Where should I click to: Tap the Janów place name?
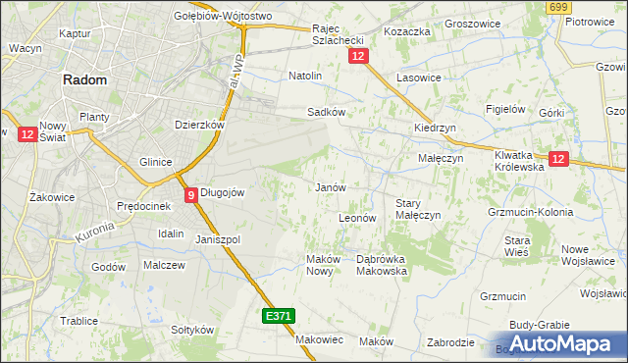pyautogui.click(x=329, y=186)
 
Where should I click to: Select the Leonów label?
pyautogui.click(x=356, y=218)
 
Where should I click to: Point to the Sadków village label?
pyautogui.click(x=326, y=112)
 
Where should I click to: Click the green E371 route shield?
pyautogui.click(x=278, y=316)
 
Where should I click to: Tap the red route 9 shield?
pyautogui.click(x=190, y=194)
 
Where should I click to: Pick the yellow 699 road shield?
pyautogui.click(x=559, y=8)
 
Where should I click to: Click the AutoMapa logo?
pyautogui.click(x=559, y=343)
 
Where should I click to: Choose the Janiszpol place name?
pyautogui.click(x=218, y=239)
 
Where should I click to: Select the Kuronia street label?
pyautogui.click(x=95, y=233)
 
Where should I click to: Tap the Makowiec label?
pyautogui.click(x=319, y=339)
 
